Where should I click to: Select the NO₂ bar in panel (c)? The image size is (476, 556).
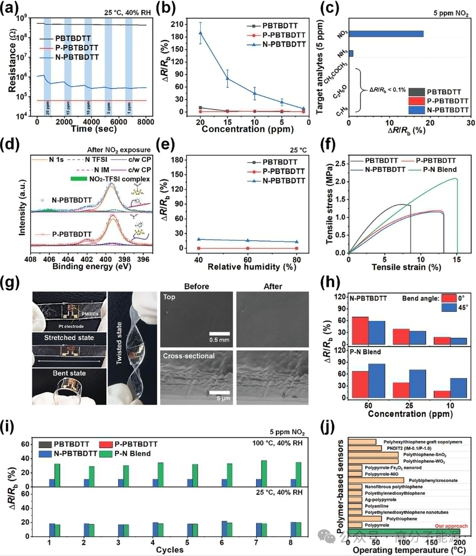point(386,34)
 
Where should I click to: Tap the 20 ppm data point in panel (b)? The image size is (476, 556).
point(200,33)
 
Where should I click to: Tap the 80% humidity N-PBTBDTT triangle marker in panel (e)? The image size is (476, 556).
point(296,241)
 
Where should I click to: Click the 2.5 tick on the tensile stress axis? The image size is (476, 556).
point(340,164)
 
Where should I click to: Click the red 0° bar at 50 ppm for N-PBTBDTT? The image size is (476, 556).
point(360,330)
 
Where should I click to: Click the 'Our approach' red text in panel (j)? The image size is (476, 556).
point(451,526)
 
